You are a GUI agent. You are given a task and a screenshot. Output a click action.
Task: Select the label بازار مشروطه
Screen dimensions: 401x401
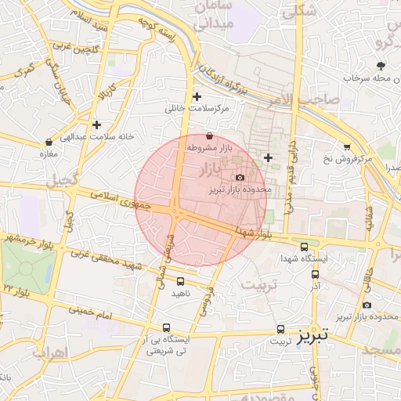click(207, 147)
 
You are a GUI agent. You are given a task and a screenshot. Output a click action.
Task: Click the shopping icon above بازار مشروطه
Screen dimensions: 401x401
click(208, 137)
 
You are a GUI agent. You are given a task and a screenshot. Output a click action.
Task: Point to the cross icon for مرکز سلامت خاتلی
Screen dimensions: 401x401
click(197, 97)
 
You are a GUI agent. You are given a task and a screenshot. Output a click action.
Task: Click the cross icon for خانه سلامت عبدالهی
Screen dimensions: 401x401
click(96, 125)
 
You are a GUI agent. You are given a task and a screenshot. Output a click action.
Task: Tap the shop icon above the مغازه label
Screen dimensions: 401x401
click(49, 143)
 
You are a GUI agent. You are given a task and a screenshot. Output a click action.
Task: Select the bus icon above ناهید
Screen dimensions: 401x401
click(181, 281)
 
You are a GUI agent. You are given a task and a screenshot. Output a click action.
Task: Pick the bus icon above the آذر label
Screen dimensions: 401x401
click(315, 274)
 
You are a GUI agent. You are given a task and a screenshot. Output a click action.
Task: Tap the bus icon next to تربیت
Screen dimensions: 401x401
click(281, 330)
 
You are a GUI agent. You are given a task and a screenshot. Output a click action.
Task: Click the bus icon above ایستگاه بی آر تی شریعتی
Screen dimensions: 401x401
click(166, 327)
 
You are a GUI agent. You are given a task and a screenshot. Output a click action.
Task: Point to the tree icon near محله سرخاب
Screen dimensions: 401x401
click(381, 66)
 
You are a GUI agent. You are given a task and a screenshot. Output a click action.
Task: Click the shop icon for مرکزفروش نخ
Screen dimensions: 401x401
click(347, 146)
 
